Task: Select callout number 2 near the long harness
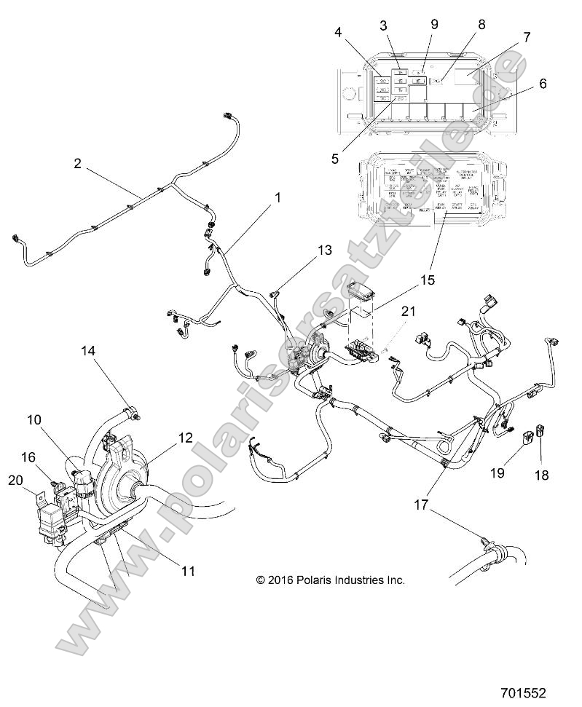point(78,164)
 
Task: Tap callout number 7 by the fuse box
point(527,36)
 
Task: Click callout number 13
point(324,250)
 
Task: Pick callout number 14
point(87,351)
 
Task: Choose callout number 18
point(542,476)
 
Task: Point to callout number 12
point(186,438)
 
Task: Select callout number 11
point(188,572)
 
